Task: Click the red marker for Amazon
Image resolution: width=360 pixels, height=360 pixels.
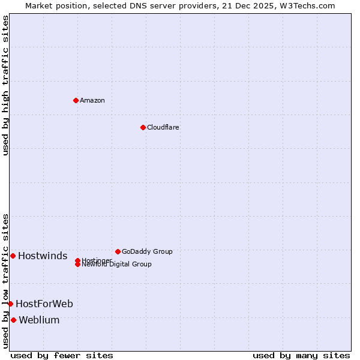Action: (76, 100)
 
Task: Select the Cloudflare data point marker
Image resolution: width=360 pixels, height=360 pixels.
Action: (143, 127)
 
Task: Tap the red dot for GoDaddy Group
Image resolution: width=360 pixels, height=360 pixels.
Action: (118, 251)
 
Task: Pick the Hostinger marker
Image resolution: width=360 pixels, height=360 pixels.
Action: (77, 260)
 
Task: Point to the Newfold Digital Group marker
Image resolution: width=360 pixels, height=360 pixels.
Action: (77, 265)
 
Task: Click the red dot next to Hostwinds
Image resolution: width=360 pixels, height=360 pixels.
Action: (13, 256)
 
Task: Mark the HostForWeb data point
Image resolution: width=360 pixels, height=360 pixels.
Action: (10, 304)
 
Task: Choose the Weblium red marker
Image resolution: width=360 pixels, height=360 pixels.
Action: (13, 320)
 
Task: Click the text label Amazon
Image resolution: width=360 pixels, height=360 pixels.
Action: (92, 100)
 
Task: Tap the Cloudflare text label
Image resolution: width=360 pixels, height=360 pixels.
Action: (163, 127)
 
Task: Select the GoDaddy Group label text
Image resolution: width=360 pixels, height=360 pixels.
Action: (147, 251)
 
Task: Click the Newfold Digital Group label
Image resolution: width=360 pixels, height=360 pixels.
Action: (116, 265)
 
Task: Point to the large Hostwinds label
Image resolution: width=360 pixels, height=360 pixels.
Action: (43, 256)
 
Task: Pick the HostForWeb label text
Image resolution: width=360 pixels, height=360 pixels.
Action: (44, 304)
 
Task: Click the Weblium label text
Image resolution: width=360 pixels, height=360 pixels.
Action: (39, 320)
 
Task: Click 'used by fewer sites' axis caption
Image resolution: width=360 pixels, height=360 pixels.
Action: (62, 355)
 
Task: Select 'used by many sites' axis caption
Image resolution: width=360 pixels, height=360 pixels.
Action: (301, 355)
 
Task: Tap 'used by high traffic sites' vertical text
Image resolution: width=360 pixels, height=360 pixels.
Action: (5, 85)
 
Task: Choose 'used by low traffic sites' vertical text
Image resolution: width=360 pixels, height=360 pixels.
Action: (5, 281)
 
